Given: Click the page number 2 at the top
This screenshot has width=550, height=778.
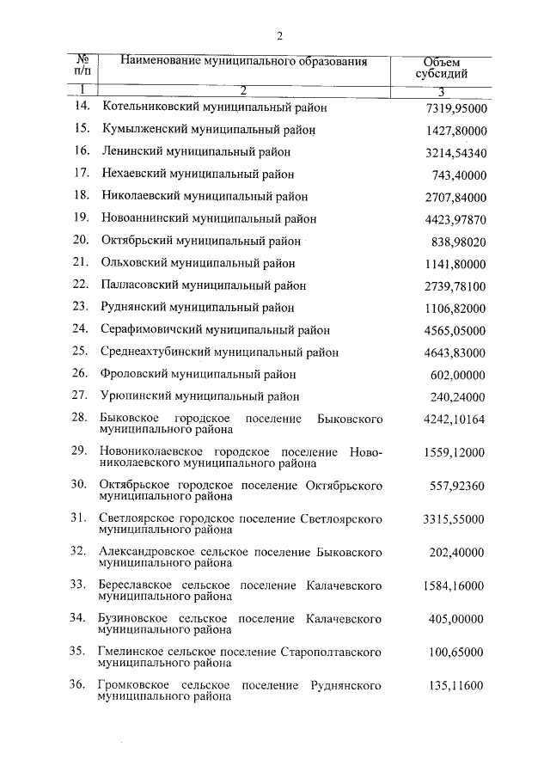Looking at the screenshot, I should [x=279, y=35].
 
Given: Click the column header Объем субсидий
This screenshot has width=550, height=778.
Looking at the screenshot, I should [x=443, y=69].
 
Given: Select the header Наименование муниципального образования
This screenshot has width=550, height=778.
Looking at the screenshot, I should [x=244, y=62].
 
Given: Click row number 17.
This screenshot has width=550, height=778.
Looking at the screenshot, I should [x=82, y=174].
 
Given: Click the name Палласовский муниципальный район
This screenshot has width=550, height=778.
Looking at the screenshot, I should [x=204, y=285].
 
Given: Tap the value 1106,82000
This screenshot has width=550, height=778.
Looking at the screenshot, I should [x=455, y=308].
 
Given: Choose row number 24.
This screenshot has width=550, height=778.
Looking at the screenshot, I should [x=82, y=329].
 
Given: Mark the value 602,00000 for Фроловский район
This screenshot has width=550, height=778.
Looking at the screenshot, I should [x=458, y=374].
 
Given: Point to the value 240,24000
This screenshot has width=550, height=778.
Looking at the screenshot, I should [x=458, y=396].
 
